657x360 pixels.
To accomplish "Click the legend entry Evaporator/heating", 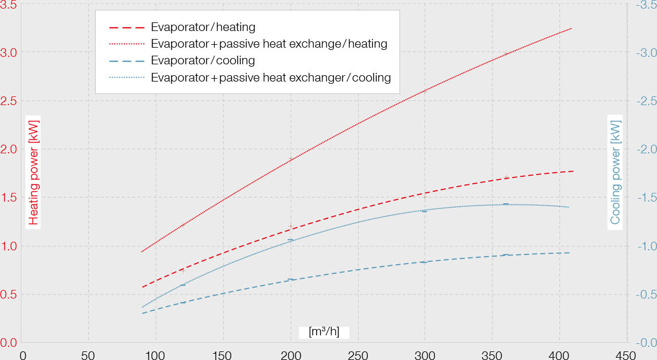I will coord(203,27).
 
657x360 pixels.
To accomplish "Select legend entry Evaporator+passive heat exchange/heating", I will coord(269,44).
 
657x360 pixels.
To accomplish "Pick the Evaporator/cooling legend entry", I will coord(203,60).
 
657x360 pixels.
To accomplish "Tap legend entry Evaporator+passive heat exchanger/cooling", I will coord(270,77).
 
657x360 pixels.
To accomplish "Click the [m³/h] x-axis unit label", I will coord(324,332).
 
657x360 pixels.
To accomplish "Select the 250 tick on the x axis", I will coord(358,354).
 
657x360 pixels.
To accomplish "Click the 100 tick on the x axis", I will coord(155,354).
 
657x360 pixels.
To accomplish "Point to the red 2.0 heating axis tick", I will coord(8,149).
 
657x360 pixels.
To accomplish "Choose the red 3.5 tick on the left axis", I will coord(8,5).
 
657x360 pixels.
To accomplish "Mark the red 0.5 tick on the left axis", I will coord(8,295).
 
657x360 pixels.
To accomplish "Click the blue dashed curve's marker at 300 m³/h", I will coord(425,262).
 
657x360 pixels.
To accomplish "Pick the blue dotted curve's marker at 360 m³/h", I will coord(506,204).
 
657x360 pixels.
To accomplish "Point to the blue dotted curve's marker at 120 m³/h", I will coord(183,285).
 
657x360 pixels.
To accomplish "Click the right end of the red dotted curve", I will coord(572,28).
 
